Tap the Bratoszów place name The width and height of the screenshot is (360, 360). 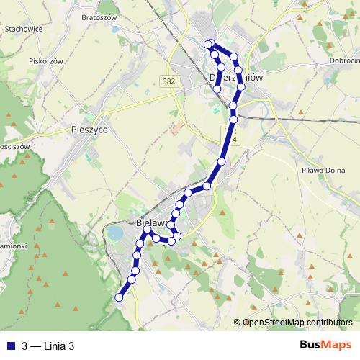click(x=99, y=16)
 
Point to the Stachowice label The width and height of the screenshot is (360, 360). click(x=22, y=49)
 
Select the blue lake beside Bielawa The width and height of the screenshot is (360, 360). click(x=114, y=233)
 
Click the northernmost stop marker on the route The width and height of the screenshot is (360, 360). click(x=209, y=44)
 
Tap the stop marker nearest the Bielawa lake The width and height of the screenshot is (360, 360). click(x=148, y=231)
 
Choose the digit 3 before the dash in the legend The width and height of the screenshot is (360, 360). click(x=25, y=346)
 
